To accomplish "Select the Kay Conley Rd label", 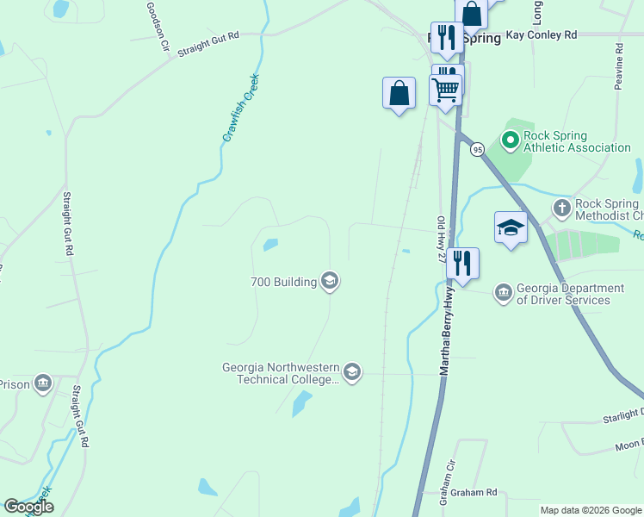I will tap(541, 35).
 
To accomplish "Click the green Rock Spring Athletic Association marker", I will tap(509, 139).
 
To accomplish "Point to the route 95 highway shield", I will tap(477, 149).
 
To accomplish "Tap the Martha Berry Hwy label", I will tap(448, 332).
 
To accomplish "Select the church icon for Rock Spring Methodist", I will tap(561, 208).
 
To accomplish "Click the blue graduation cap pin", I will tap(511, 228).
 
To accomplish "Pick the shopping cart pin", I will tap(446, 89).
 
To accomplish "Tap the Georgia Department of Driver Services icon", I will tap(503, 294).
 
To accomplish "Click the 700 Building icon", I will tap(330, 281).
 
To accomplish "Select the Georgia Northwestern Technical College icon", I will tap(351, 372).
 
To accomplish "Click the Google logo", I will tap(28, 507).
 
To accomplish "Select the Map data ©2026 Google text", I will tap(590, 510).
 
